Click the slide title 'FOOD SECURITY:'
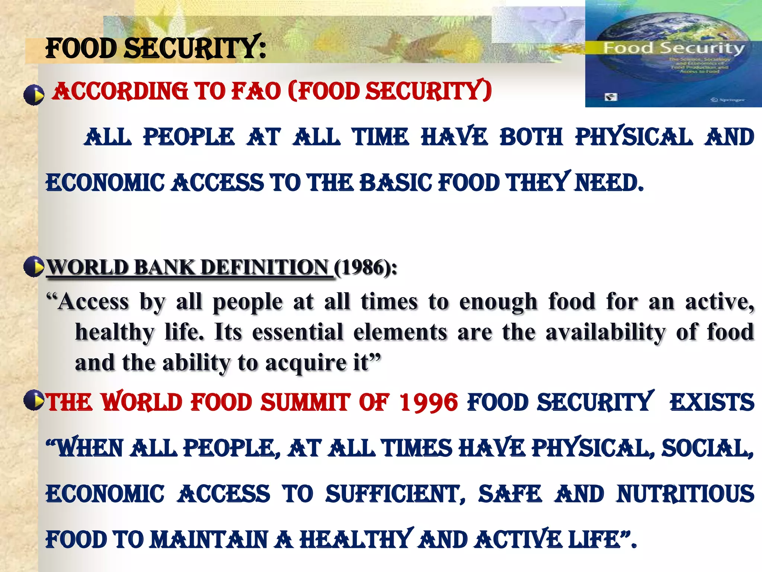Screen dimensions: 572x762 156,48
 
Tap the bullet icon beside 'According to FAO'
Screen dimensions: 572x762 34,95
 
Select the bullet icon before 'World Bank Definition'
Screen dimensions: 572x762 34,267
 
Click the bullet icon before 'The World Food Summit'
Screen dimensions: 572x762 34,400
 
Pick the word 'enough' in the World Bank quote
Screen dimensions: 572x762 499,302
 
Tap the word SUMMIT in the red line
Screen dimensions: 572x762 305,403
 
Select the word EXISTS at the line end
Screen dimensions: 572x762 712,403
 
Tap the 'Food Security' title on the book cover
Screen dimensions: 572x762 673,48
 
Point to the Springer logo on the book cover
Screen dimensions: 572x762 727,99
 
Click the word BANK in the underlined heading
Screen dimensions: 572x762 164,267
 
